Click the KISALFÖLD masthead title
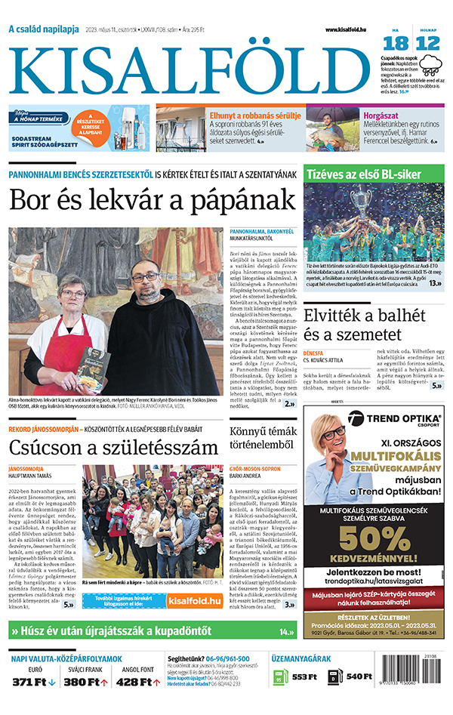point(193,69)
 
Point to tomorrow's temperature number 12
point(427,44)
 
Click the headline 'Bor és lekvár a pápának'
point(152,199)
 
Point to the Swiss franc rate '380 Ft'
point(81,683)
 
